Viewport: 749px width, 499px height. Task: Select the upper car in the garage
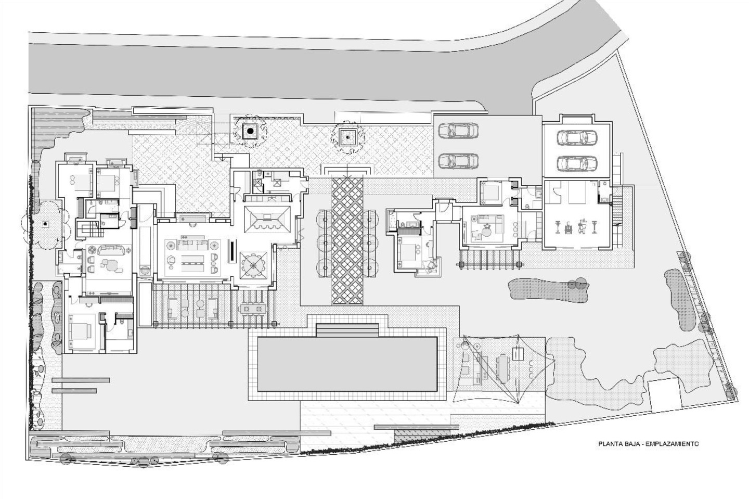click(x=577, y=137)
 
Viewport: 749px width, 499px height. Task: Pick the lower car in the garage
click(x=577, y=163)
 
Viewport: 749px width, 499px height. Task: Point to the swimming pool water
click(x=347, y=364)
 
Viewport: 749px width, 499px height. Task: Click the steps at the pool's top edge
click(x=347, y=330)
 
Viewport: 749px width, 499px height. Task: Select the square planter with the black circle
click(x=250, y=132)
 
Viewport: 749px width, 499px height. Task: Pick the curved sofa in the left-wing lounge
click(x=111, y=249)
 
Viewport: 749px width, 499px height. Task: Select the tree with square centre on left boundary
click(x=45, y=224)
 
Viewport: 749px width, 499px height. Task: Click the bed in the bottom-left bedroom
click(x=80, y=331)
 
